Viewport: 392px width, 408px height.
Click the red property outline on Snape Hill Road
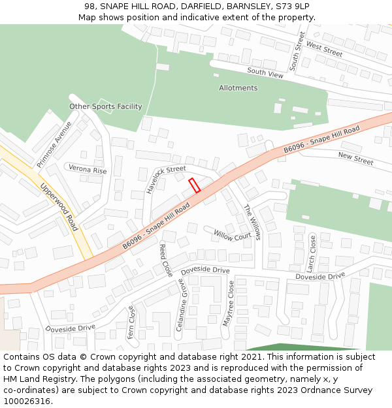pyautogui.click(x=194, y=185)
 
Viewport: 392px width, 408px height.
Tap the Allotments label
pyautogui.click(x=238, y=88)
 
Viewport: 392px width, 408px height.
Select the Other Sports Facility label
pyautogui.click(x=106, y=106)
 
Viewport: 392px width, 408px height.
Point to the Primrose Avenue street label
pyautogui.click(x=54, y=144)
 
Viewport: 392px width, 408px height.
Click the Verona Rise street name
pyautogui.click(x=88, y=170)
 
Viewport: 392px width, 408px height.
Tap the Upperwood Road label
pyautogui.click(x=59, y=206)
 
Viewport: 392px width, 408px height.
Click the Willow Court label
pyautogui.click(x=232, y=235)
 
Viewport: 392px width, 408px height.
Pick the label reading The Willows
pyautogui.click(x=252, y=222)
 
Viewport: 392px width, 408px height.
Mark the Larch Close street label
pyautogui.click(x=312, y=254)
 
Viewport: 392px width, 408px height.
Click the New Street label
pyautogui.click(x=355, y=158)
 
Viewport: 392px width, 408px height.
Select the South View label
pyautogui.click(x=265, y=73)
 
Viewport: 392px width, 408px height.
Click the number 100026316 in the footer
pyautogui.click(x=26, y=401)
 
